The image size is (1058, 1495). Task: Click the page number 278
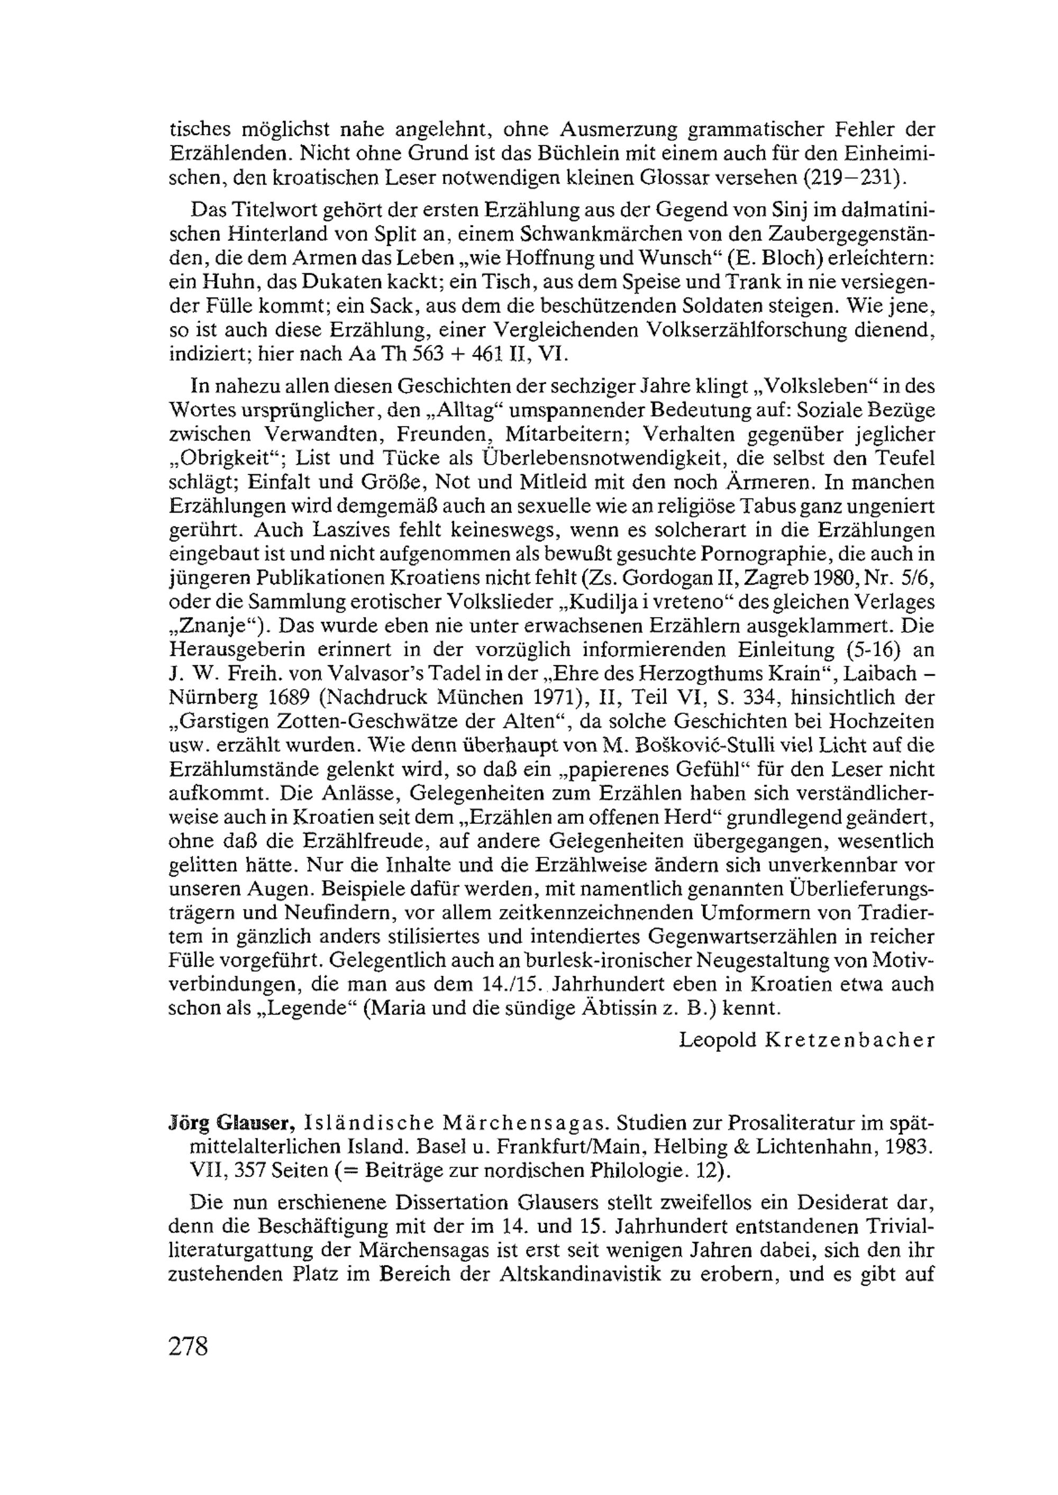[x=188, y=1346]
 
